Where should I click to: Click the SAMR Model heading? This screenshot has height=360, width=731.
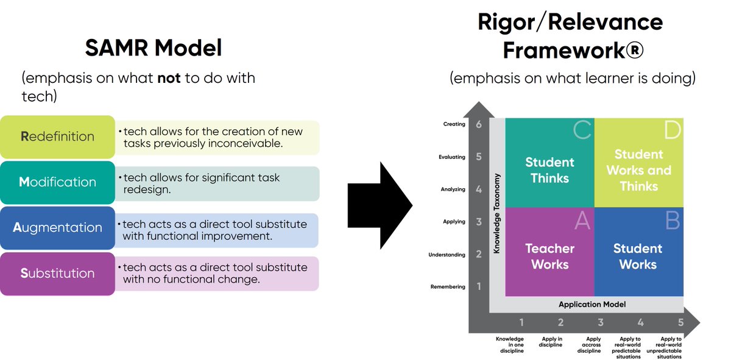tap(153, 48)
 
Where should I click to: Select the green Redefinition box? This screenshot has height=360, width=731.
tap(58, 136)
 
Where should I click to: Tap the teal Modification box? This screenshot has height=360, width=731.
tap(58, 182)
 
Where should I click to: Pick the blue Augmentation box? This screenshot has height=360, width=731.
tap(58, 228)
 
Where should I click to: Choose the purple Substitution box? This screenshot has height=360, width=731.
tap(58, 274)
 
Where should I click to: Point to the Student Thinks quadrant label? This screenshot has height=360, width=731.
tap(549, 171)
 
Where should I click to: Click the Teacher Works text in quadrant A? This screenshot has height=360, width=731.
tap(549, 256)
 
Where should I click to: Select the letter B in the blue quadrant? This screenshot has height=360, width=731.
tap(672, 221)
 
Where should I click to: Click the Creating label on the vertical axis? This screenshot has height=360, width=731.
tap(454, 124)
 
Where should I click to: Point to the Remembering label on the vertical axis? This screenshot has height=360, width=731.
tap(448, 287)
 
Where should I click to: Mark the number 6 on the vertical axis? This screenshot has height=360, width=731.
tap(478, 124)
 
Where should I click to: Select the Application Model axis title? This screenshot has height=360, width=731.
tap(592, 305)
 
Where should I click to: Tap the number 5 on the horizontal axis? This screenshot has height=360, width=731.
tap(680, 323)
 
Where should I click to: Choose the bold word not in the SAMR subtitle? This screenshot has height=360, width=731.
tap(169, 79)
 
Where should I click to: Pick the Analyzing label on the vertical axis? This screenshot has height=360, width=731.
tap(453, 189)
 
